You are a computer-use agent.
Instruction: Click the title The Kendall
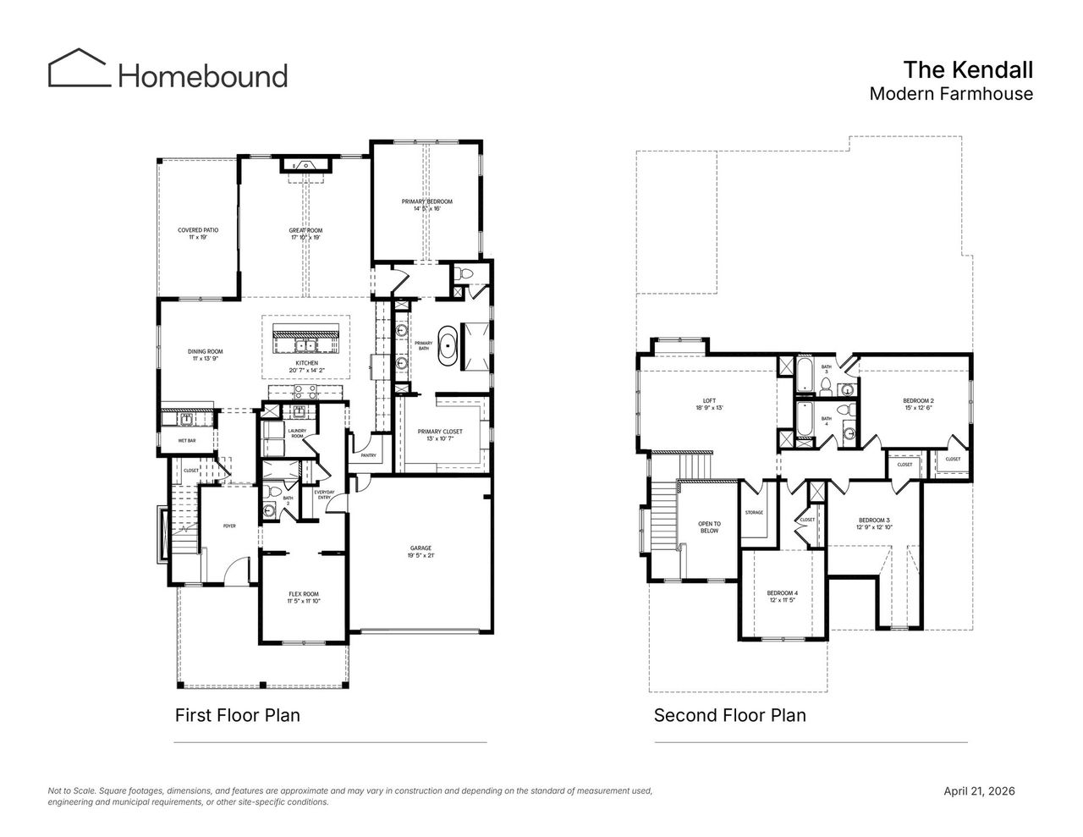[967, 69]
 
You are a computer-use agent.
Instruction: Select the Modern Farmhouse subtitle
[951, 94]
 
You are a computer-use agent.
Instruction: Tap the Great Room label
[305, 234]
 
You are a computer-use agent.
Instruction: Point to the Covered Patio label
[193, 234]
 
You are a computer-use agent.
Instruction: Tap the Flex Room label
[303, 597]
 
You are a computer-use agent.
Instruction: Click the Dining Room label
[205, 355]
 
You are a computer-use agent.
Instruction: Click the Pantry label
[368, 455]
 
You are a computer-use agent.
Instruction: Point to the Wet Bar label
[187, 441]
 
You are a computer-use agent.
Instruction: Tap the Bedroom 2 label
[918, 404]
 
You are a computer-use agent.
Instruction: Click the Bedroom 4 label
[783, 596]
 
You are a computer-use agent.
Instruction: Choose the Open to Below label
[709, 527]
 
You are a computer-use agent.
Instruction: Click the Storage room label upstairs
[754, 513]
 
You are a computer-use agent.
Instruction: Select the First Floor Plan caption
[237, 715]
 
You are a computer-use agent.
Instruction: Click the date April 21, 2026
[979, 791]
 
